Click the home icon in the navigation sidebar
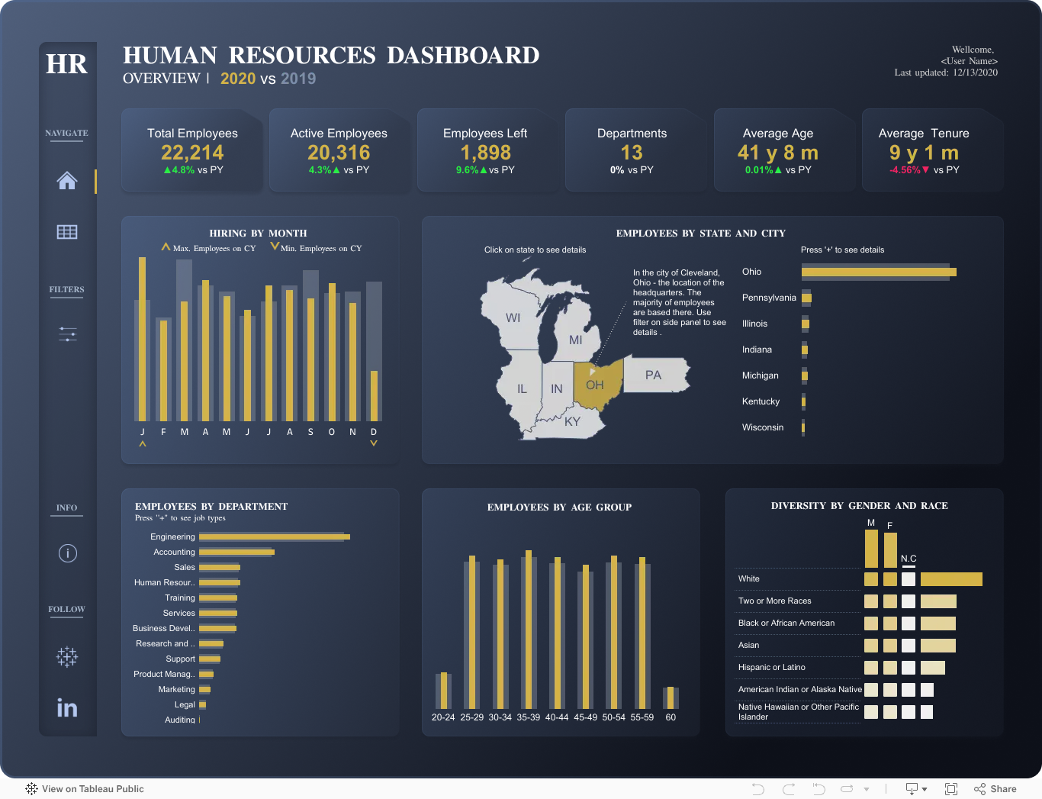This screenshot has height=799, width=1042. click(66, 180)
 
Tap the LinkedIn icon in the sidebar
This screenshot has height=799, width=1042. click(67, 708)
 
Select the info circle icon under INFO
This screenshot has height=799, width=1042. click(67, 553)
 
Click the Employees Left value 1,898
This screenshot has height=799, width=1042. click(485, 153)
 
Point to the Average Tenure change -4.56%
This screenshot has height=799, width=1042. click(905, 169)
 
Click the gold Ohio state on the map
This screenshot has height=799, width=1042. click(599, 384)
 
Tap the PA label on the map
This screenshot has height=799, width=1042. click(653, 375)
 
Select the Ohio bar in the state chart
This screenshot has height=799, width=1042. click(879, 272)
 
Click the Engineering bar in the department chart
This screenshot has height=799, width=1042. click(275, 536)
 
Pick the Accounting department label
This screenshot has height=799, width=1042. click(174, 552)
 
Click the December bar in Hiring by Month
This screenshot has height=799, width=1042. click(374, 395)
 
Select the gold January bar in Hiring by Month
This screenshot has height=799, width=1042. click(142, 339)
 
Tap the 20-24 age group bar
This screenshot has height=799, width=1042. click(443, 691)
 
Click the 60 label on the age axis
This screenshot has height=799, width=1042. click(671, 717)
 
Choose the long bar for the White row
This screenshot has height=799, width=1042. click(951, 579)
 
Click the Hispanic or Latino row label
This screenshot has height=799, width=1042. click(771, 667)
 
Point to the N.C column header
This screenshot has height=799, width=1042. click(909, 559)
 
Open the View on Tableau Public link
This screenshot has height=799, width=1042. click(85, 789)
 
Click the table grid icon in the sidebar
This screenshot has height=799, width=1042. click(66, 232)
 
